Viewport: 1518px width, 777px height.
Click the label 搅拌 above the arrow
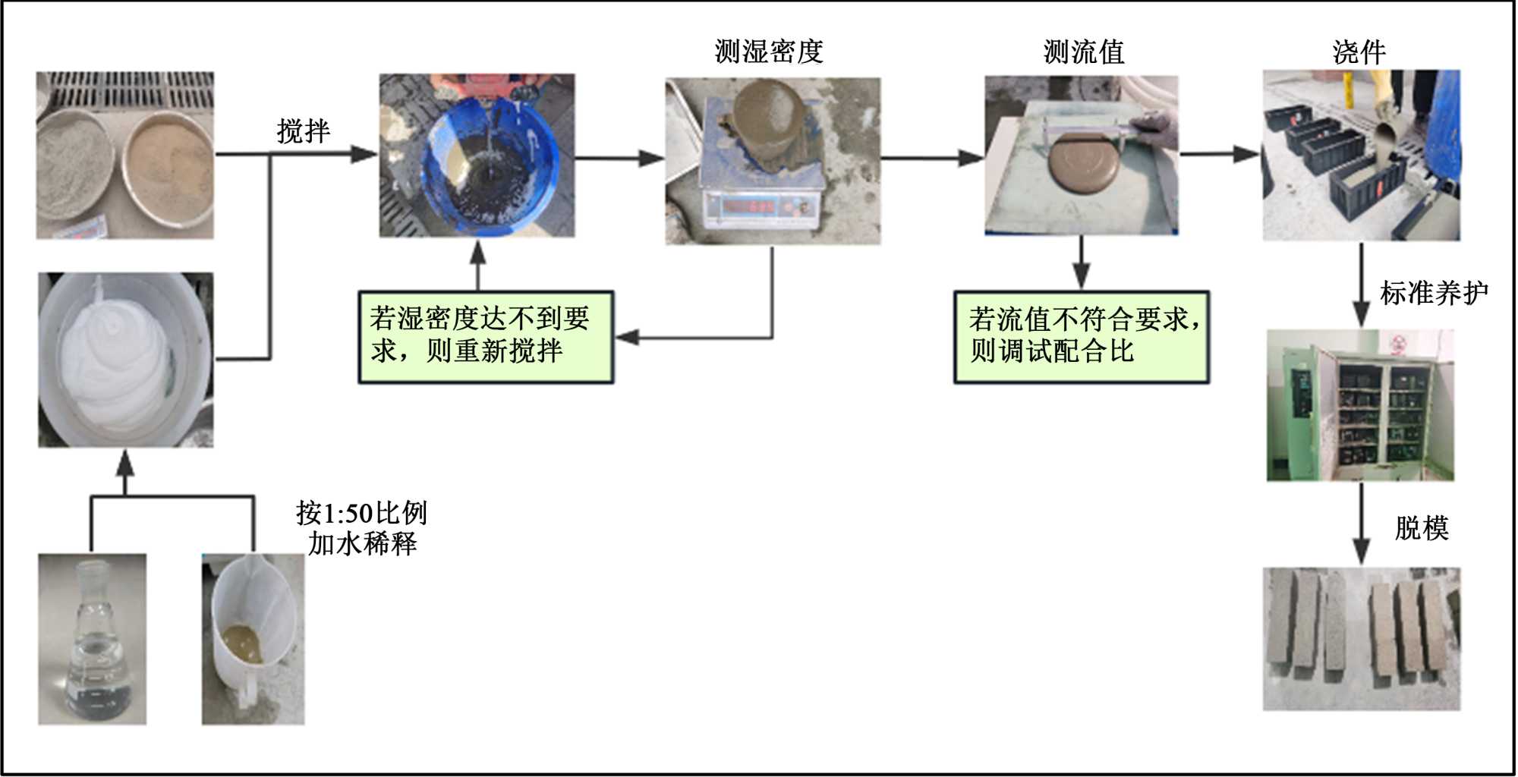304,131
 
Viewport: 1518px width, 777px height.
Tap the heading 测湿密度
769,52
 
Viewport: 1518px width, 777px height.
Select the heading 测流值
1084,52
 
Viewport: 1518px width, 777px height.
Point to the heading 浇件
1359,52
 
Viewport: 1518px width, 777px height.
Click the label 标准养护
1433,292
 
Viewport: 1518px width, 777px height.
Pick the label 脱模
1422,527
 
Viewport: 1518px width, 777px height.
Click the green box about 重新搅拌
486,336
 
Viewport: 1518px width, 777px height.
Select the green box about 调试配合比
1082,336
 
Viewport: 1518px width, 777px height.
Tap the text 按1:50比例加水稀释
362,528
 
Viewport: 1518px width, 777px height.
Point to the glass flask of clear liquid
93,645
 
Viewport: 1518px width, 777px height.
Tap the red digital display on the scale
748,206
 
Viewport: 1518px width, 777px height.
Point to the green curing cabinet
1359,406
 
